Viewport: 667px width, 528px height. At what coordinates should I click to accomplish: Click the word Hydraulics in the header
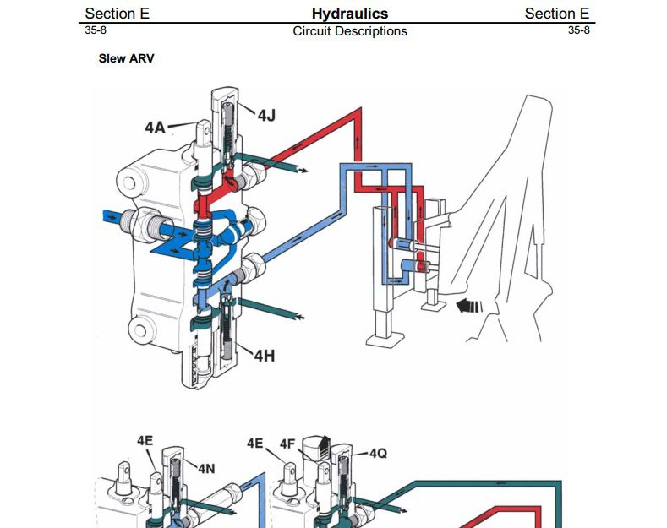click(x=349, y=13)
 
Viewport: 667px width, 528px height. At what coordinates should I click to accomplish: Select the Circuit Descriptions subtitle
click(x=349, y=31)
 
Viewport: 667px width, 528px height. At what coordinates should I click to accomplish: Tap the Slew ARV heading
click(x=126, y=59)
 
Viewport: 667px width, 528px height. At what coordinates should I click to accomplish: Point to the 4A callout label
click(x=155, y=128)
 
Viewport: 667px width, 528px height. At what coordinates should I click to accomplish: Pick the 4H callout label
click(x=265, y=356)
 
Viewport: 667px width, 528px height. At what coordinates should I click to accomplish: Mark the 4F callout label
click(x=287, y=443)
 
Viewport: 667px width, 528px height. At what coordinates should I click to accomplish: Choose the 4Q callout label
click(x=378, y=454)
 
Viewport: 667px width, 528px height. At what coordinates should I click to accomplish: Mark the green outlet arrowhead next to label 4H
click(x=298, y=317)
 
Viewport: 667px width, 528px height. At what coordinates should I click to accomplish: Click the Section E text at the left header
click(x=117, y=13)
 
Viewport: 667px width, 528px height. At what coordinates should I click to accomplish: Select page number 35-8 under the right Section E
click(x=579, y=30)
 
